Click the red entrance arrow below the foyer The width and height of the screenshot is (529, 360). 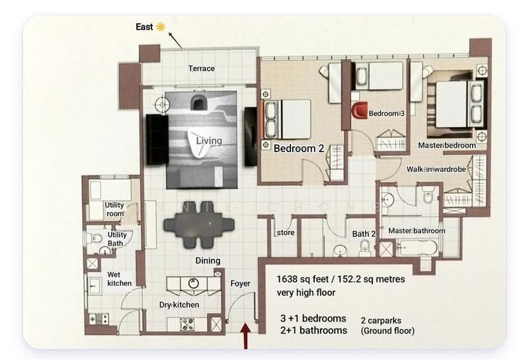(245, 336)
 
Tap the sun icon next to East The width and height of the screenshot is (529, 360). (161, 26)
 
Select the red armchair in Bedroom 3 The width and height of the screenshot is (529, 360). (360, 110)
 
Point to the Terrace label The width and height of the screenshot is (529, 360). (202, 69)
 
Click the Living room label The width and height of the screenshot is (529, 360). (209, 140)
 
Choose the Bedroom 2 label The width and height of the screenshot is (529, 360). (299, 148)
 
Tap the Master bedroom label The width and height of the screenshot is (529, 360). (447, 145)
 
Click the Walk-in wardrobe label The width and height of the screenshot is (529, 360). (436, 169)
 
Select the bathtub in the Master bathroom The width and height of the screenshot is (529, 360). (418, 249)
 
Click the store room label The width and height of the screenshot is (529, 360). (286, 233)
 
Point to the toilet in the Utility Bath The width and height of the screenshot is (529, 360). (95, 238)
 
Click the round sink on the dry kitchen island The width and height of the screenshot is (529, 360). (193, 283)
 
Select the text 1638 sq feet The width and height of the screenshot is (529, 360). (303, 280)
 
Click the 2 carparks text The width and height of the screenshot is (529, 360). (382, 321)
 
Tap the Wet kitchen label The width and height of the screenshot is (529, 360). (120, 279)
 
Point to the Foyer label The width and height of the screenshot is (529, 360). (240, 284)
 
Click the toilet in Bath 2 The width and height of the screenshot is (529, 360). (365, 248)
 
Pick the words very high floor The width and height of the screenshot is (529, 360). (306, 292)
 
